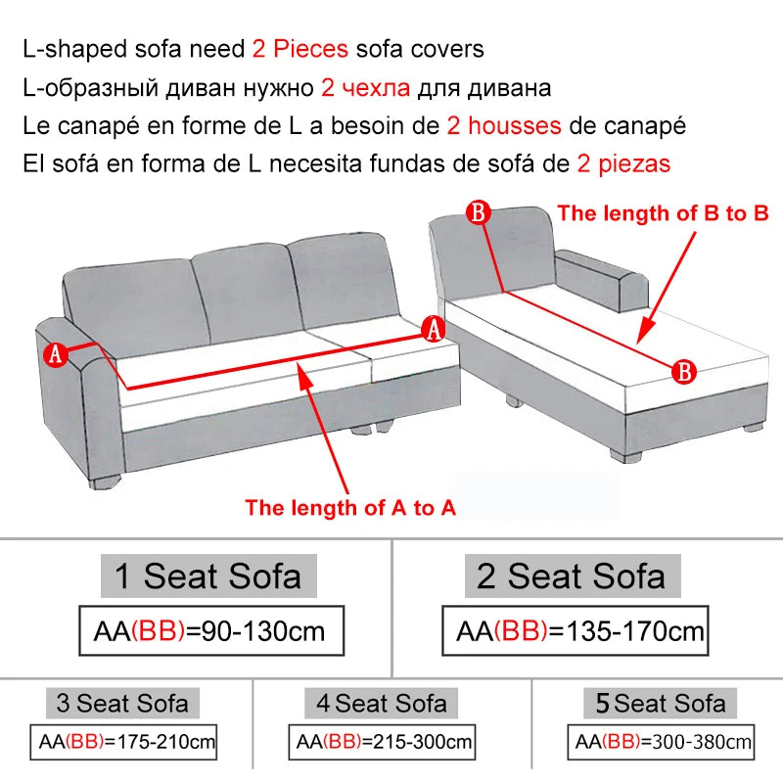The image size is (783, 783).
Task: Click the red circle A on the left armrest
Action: [x=55, y=354]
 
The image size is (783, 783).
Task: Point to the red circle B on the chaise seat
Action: [x=684, y=370]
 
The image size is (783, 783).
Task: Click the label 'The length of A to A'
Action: [x=350, y=508]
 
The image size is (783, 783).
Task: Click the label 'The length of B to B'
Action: [x=663, y=212]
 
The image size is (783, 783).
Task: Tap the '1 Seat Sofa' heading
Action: [x=208, y=576]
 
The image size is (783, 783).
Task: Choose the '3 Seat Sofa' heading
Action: [x=122, y=703]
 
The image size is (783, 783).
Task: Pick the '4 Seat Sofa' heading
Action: [x=382, y=703]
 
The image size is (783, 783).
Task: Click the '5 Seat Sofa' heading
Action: [x=655, y=703]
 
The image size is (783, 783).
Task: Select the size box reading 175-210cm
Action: [x=122, y=743]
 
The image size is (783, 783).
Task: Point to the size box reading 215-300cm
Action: [x=384, y=743]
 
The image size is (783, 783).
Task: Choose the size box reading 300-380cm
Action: [x=662, y=743]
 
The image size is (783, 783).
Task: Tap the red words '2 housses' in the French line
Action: [x=503, y=125]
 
